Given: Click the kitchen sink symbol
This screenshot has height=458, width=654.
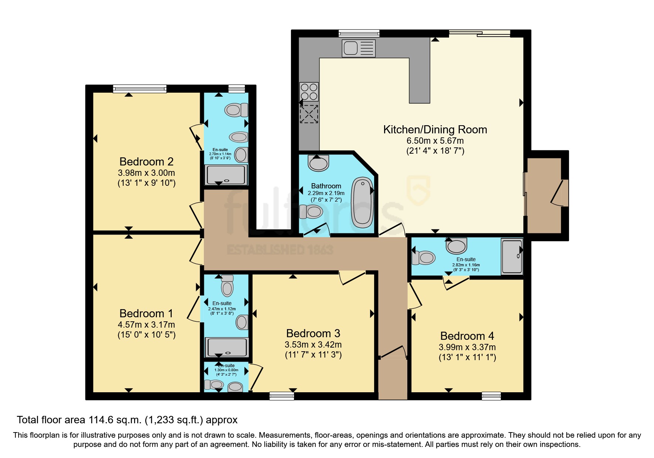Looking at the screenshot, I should (359, 48).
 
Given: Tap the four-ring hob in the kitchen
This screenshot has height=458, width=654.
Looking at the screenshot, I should (309, 91).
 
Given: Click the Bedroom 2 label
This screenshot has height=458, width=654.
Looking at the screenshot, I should (146, 161).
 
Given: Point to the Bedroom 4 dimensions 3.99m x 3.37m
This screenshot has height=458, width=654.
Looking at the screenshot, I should (467, 347).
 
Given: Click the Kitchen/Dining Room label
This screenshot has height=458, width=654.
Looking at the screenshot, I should (435, 130).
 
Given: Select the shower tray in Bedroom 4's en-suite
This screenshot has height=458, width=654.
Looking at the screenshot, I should (511, 256).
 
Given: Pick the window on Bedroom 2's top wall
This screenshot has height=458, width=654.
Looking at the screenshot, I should (140, 89).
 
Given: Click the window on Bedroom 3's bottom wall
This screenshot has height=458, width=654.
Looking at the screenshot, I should (281, 396).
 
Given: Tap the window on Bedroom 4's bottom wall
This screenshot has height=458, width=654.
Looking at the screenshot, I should (491, 396).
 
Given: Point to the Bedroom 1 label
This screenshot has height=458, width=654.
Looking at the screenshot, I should (146, 313).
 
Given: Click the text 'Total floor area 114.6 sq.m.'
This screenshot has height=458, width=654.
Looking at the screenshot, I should (79, 420).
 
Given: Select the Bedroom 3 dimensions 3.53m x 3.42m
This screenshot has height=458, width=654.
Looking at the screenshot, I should (313, 345).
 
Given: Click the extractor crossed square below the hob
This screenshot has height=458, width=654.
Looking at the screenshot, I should (309, 114).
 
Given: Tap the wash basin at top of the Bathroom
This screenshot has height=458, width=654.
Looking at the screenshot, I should (318, 163).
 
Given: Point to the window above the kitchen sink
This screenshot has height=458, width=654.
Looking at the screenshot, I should (359, 33).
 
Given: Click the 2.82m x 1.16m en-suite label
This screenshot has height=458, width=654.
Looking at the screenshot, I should (466, 264).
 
